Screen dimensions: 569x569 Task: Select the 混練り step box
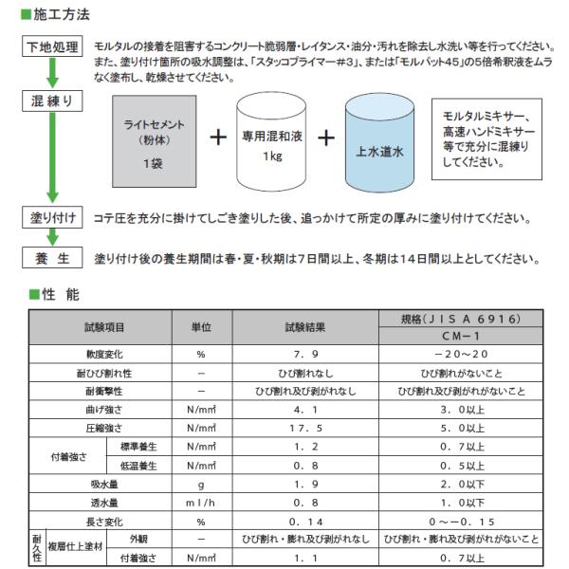pos(52,100)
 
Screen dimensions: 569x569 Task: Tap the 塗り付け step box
pos(52,218)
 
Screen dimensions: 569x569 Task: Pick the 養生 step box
pos(52,258)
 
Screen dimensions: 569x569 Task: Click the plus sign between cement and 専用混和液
pos(217,138)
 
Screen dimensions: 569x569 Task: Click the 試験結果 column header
pos(304,327)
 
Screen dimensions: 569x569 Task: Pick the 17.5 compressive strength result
pos(304,428)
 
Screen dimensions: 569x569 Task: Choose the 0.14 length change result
pos(304,522)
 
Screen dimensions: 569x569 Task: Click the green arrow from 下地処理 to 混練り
pos(52,74)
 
